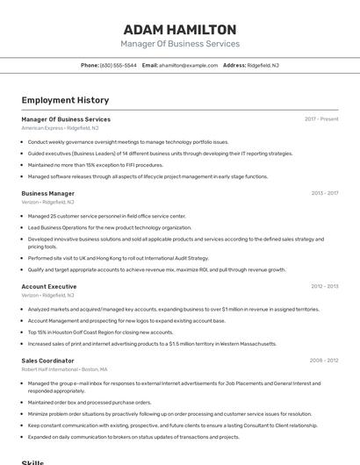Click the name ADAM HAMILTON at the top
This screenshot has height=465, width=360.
(180, 29)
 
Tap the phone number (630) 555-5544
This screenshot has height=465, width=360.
(118, 65)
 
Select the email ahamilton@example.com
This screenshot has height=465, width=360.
(188, 65)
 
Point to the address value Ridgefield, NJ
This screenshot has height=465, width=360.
(263, 65)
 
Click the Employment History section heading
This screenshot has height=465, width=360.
(65, 100)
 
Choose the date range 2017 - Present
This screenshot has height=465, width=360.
(321, 118)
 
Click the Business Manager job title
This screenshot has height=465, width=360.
(48, 193)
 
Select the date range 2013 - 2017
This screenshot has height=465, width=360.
(324, 193)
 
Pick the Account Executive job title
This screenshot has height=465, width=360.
(49, 286)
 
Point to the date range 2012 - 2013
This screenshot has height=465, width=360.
(324, 286)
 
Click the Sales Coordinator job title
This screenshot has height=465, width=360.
(48, 361)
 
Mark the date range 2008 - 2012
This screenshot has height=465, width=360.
(324, 361)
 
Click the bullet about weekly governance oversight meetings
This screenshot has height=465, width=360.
(128, 141)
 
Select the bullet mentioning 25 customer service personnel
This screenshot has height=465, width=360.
(106, 216)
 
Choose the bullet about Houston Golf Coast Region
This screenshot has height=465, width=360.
(101, 332)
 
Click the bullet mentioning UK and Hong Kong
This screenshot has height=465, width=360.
(119, 258)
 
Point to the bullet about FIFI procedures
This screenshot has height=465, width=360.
(96, 164)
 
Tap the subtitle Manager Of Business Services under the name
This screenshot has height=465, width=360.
(180, 44)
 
